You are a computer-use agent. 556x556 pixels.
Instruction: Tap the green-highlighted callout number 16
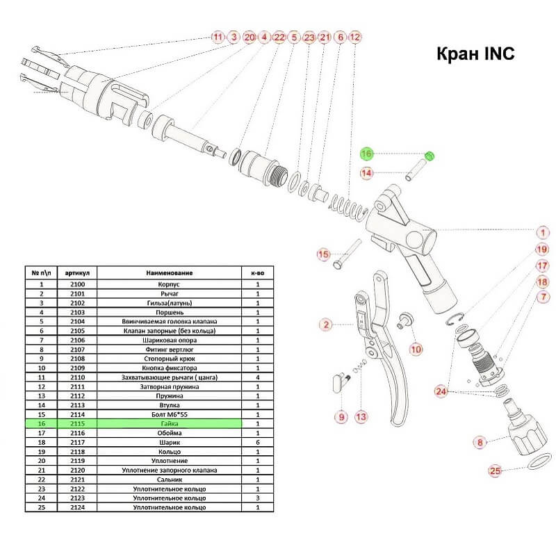pos(366,154)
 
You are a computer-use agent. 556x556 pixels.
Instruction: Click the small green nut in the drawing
pos(430,156)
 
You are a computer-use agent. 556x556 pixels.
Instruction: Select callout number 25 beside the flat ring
pos(496,471)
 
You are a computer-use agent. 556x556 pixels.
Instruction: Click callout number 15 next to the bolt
pos(323,254)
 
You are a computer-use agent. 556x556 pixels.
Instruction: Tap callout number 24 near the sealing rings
pos(441,391)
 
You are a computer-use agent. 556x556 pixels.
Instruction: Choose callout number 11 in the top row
pos(218,36)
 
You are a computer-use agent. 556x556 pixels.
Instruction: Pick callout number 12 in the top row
pos(355,36)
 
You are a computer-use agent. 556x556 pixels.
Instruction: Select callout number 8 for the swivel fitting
pos(479,442)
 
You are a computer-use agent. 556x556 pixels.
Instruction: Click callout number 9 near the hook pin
pos(341,416)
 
